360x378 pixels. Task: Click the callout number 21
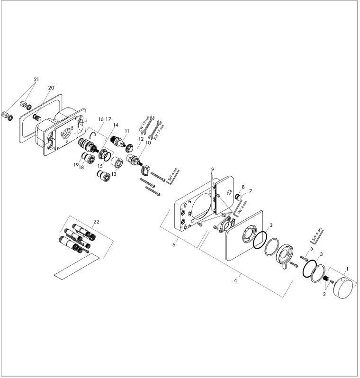pos(36,79)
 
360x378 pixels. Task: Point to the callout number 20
pos(51,88)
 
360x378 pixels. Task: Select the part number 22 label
pos(97,222)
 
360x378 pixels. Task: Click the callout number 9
pos(213,169)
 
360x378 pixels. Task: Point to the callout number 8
pos(243,187)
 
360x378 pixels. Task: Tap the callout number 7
pos(251,191)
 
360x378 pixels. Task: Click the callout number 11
pos(127,130)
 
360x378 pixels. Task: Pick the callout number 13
pos(114,174)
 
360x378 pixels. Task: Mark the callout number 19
pos(75,164)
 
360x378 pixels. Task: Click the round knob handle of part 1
pos(340,288)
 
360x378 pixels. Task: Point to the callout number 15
pos(100,166)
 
